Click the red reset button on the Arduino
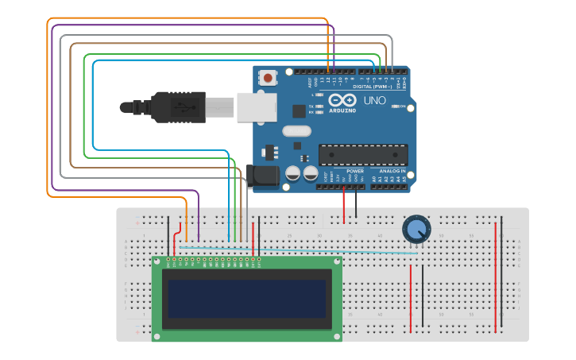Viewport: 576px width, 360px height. coord(269,78)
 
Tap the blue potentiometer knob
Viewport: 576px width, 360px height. coord(416,230)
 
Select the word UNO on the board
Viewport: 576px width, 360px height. coord(374,101)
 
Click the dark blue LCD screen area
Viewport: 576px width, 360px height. coord(246,296)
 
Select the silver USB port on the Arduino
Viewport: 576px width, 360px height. coord(256,106)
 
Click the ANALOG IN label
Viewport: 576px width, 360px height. coord(392,171)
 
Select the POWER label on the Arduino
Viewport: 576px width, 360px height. coord(354,171)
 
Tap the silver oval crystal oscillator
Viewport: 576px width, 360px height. coord(295,131)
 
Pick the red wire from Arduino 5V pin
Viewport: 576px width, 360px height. coord(343,205)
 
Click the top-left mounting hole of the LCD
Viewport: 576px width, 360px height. coord(157,261)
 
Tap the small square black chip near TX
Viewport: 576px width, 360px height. coord(299,111)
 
